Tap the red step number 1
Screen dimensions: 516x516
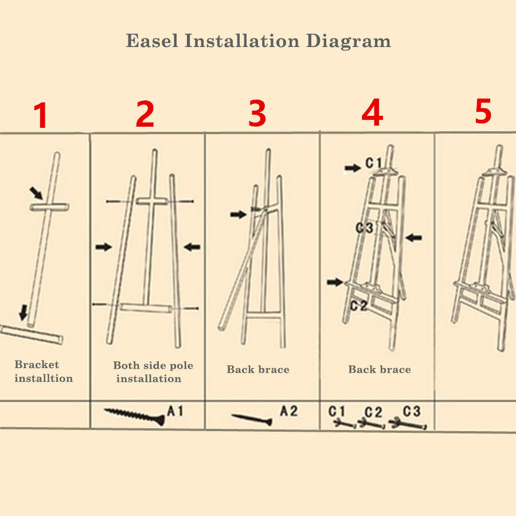[x=40, y=116]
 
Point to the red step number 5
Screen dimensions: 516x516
[x=483, y=111]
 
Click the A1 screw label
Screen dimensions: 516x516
[x=176, y=411]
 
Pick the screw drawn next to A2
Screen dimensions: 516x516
[x=252, y=419]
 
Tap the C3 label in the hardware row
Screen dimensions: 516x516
[x=411, y=411]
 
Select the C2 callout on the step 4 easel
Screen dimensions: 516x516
[x=358, y=306]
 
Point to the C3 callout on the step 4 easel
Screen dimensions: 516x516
[x=364, y=228]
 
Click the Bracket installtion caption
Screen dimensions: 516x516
[x=43, y=372]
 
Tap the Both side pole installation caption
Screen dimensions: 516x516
[x=153, y=372]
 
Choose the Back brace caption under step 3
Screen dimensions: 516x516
[x=258, y=369]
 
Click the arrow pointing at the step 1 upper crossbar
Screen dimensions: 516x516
[x=36, y=192]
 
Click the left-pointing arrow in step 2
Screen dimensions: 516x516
[x=192, y=247]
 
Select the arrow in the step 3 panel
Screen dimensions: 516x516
[x=238, y=214]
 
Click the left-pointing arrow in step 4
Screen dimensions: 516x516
[x=413, y=237]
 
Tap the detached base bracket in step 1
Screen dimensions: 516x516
[x=32, y=334]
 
